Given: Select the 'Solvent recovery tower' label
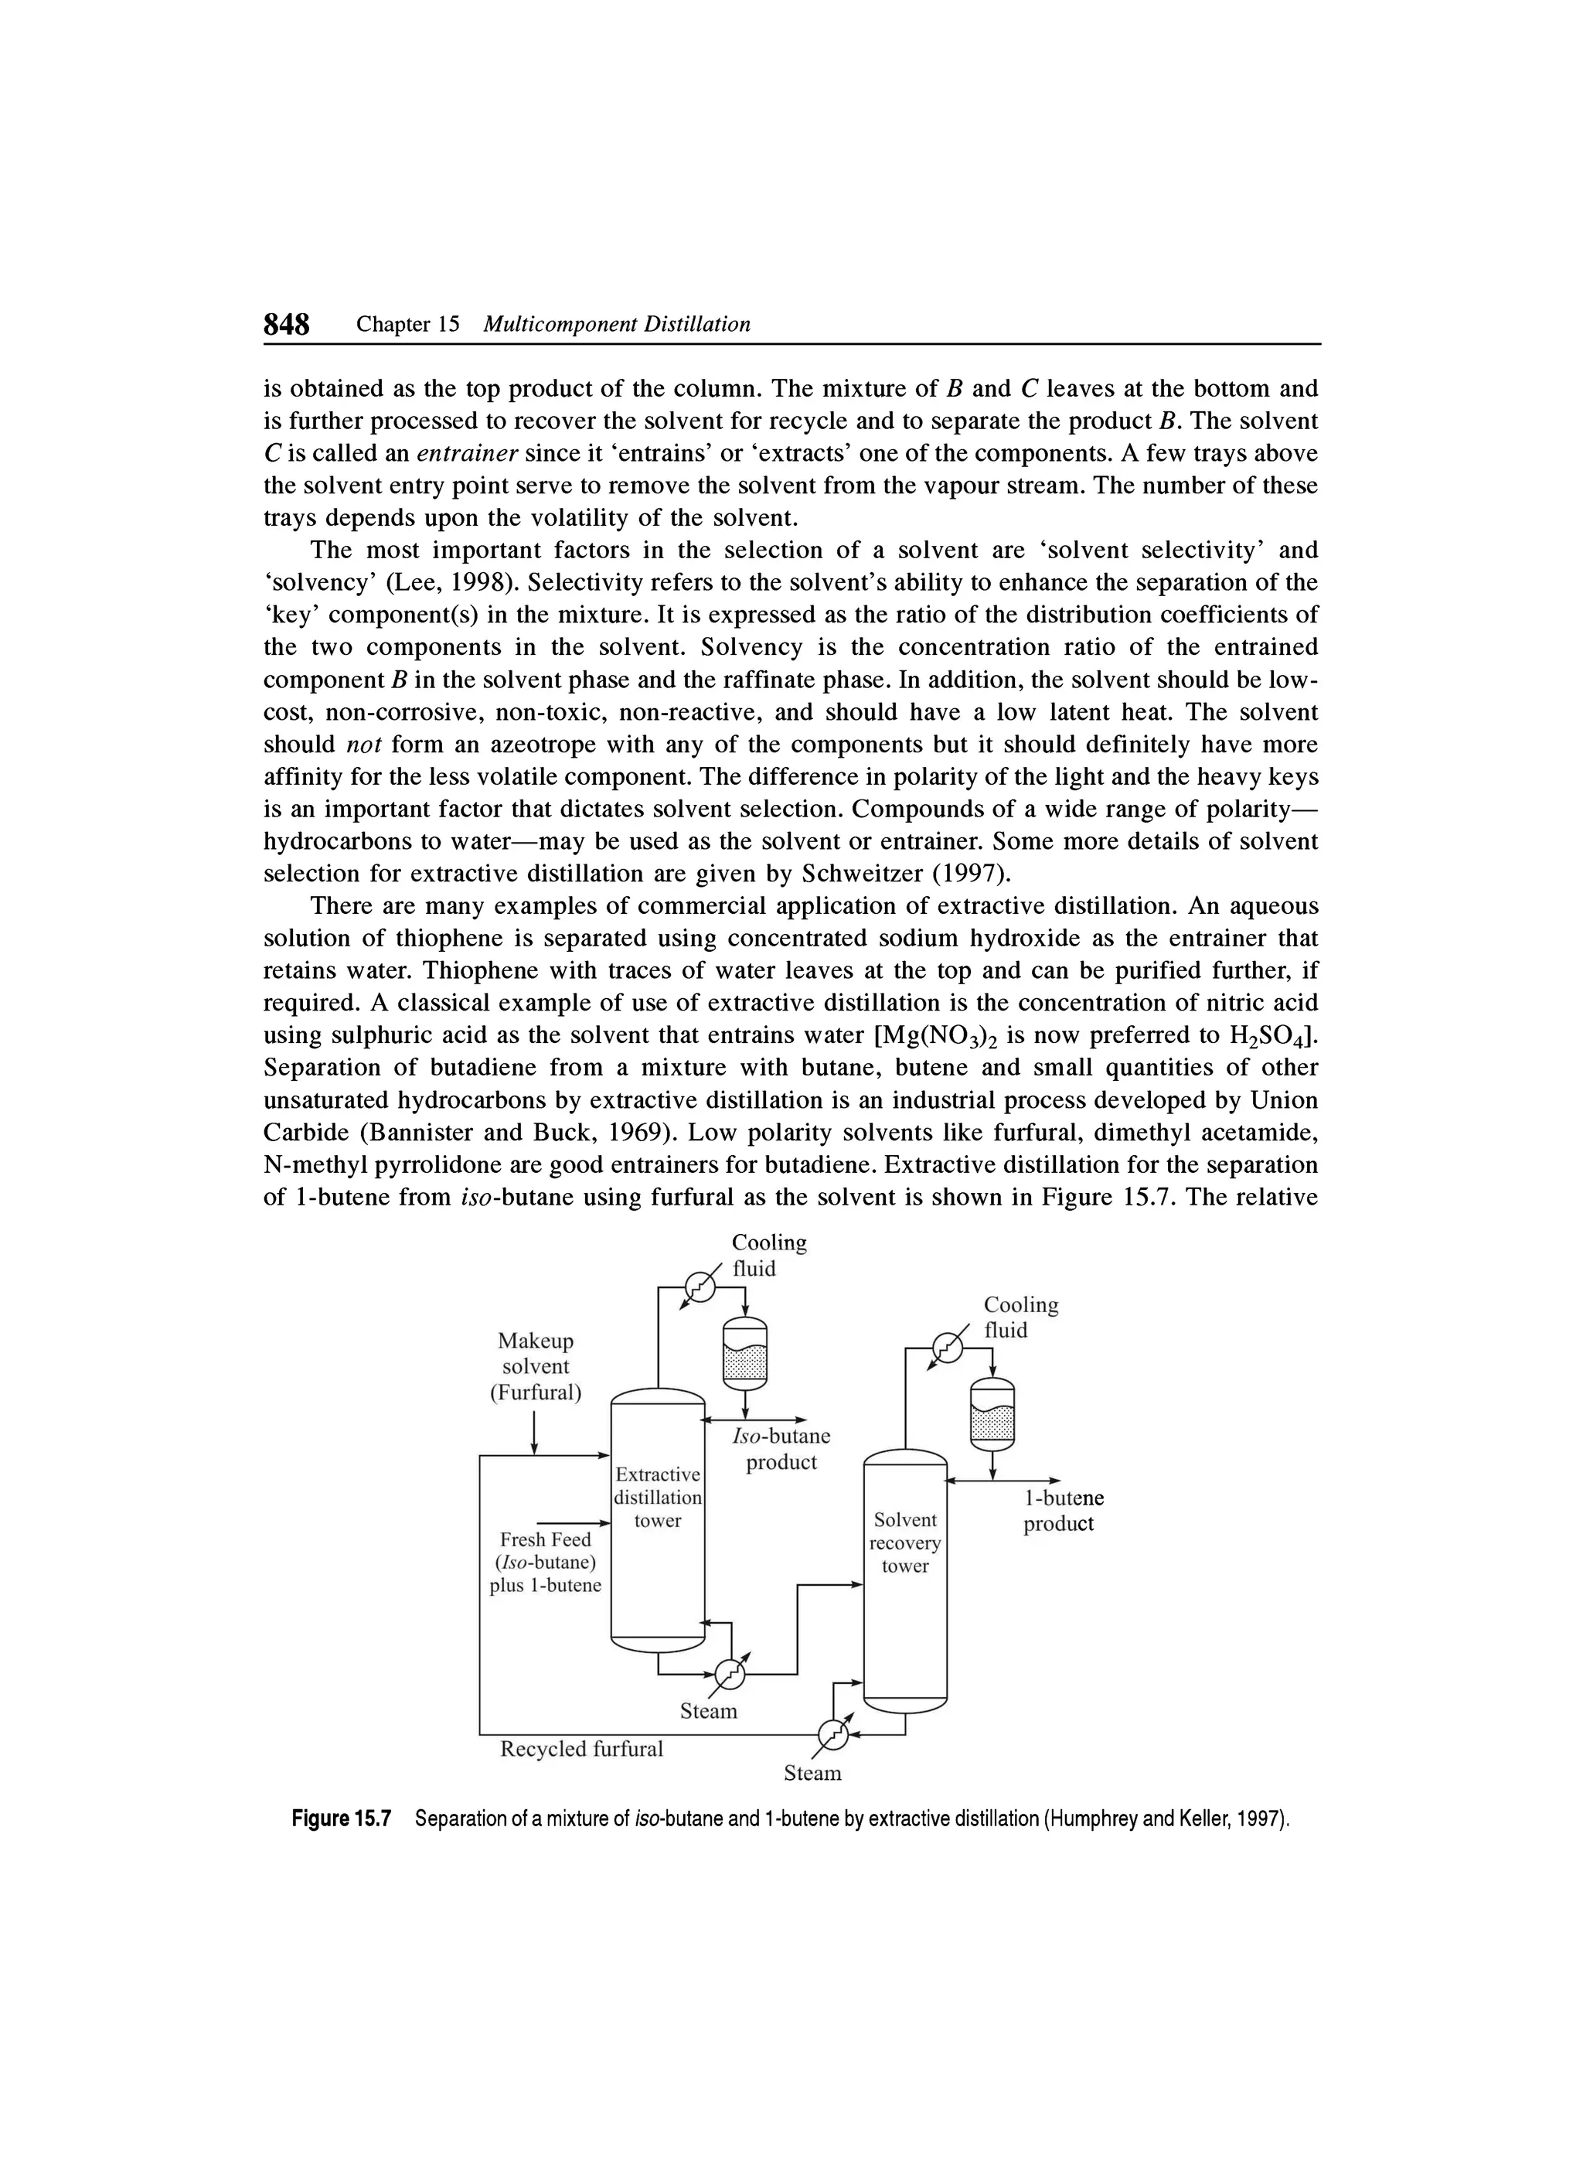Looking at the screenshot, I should pyautogui.click(x=905, y=1542).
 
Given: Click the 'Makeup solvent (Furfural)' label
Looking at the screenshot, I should pyautogui.click(x=536, y=1366).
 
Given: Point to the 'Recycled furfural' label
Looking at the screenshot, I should pyautogui.click(x=582, y=1749).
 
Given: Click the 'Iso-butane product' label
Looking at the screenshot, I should pyautogui.click(x=781, y=1449).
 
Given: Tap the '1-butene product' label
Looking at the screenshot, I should pyautogui.click(x=1058, y=1511).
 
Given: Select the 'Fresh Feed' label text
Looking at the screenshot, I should pyautogui.click(x=545, y=1539).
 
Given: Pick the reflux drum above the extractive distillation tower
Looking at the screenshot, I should pyautogui.click(x=745, y=1354).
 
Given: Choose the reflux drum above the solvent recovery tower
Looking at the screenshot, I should pyautogui.click(x=992, y=1415).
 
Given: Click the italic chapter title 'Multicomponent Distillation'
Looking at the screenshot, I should pyautogui.click(x=616, y=325).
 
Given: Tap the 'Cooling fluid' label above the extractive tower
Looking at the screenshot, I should pyautogui.click(x=769, y=1255).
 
